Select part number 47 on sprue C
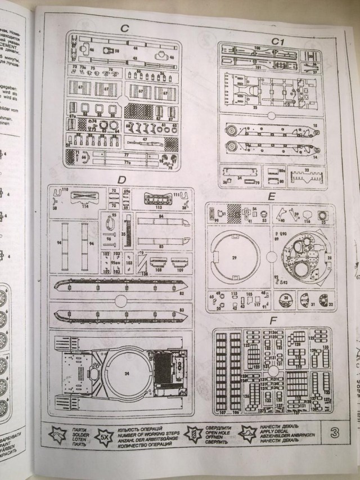145,138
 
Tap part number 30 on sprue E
286,297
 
